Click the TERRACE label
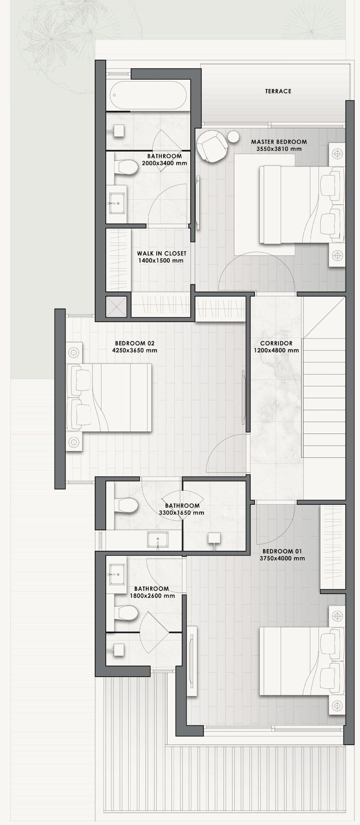click(x=278, y=91)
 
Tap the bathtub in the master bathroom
click(x=149, y=95)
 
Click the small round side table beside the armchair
click(x=233, y=137)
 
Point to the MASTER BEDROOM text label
click(x=279, y=141)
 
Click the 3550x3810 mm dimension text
click(x=279, y=149)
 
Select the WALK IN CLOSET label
click(x=161, y=254)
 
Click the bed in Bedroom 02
click(x=109, y=397)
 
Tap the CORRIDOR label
click(x=277, y=343)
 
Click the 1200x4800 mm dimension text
click(x=277, y=350)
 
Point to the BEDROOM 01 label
click(x=282, y=551)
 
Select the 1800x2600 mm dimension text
click(x=152, y=596)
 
